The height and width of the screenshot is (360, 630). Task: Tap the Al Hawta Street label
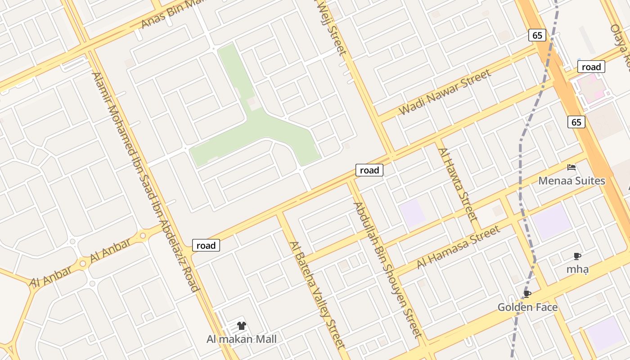click(457, 184)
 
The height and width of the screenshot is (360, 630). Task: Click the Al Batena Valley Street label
click(317, 295)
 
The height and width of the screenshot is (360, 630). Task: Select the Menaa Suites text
click(571, 181)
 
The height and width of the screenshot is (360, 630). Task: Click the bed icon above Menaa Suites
click(571, 167)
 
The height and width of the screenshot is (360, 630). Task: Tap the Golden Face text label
click(527, 307)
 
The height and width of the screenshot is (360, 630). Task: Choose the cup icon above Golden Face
click(527, 294)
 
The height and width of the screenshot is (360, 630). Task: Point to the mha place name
click(577, 270)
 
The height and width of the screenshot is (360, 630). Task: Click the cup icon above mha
click(577, 256)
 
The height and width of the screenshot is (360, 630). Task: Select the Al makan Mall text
click(241, 339)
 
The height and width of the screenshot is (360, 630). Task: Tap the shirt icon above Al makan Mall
click(242, 326)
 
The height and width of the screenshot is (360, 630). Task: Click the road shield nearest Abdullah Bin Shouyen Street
click(369, 170)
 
